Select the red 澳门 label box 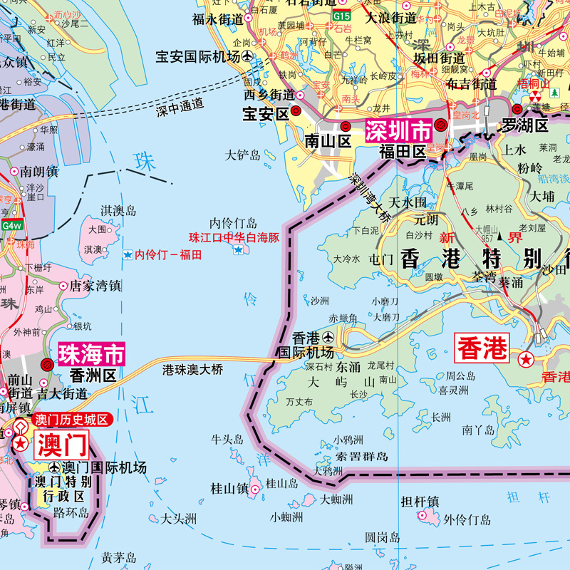click(61, 445)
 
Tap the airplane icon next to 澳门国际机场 click(55, 468)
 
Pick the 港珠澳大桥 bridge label click(193, 370)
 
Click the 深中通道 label click(179, 107)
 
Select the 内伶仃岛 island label click(233, 223)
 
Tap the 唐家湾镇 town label click(95, 286)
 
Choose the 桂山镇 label click(229, 489)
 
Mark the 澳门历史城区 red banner click(71, 421)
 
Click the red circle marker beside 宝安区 click(296, 112)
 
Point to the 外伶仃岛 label click(467, 519)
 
